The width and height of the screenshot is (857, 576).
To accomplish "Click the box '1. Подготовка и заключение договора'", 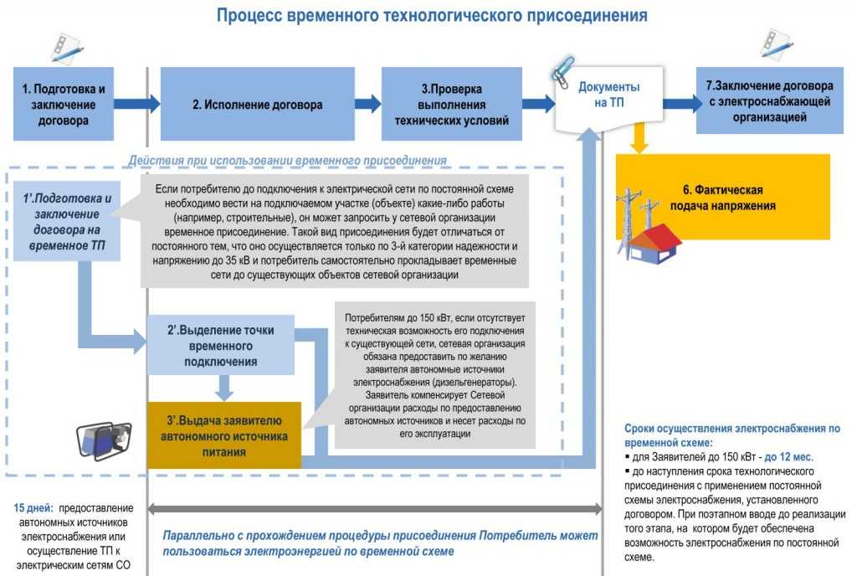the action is tap(64, 104).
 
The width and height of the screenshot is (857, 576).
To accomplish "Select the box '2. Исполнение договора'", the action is tap(258, 104).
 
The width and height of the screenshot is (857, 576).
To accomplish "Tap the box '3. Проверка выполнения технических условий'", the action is tap(451, 104).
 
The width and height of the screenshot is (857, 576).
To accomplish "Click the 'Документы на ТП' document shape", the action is tap(609, 97).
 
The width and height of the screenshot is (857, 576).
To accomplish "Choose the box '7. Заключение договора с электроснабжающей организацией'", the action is tap(770, 100).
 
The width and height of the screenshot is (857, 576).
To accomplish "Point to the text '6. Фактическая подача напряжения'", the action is tap(722, 198).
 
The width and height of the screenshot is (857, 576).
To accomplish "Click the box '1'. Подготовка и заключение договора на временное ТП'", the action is tap(67, 221).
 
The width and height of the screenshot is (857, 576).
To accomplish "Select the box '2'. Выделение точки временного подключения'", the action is tap(221, 346).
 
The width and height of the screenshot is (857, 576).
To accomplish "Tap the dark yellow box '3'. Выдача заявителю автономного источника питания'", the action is tap(224, 435).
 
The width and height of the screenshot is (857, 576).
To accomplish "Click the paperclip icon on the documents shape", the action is tap(562, 72).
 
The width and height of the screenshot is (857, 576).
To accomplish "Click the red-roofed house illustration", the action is tap(654, 244).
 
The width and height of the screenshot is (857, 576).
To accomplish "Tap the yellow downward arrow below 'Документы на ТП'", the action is tap(639, 136).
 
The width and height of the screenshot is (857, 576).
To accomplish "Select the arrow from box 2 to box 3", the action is tap(368, 104).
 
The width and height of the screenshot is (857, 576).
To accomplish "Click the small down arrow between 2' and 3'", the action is tap(223, 388).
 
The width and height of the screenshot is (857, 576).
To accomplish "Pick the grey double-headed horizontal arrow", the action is tap(375, 509).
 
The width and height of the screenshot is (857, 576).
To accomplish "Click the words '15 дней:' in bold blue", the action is tap(33, 508).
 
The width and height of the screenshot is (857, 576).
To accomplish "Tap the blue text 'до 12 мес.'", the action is tap(788, 457).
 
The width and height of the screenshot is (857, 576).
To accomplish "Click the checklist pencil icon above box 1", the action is tap(67, 48).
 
